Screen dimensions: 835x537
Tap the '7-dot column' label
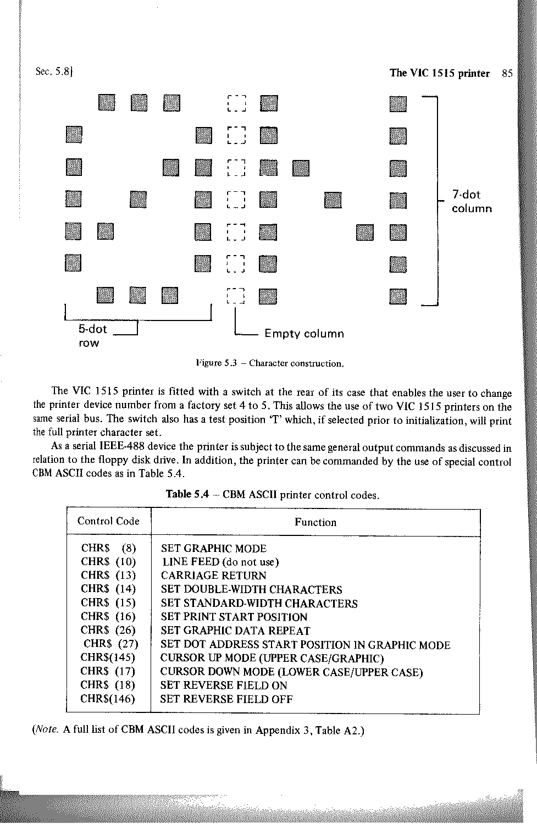click(x=471, y=201)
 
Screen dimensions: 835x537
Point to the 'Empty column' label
click(x=304, y=334)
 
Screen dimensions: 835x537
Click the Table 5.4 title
click(x=273, y=494)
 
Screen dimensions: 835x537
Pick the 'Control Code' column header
click(x=108, y=521)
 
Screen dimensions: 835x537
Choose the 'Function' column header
click(x=315, y=522)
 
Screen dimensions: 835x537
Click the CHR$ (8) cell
click(x=108, y=548)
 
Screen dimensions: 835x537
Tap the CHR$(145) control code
click(x=108, y=657)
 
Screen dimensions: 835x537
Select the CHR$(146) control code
click(x=108, y=699)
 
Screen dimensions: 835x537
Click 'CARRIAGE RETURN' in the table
click(x=213, y=576)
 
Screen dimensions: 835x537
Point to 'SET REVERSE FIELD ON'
click(x=224, y=685)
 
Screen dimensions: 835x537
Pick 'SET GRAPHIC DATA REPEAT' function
click(x=235, y=631)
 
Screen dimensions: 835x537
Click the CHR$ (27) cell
click(x=110, y=644)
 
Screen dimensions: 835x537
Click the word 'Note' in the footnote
click(x=46, y=730)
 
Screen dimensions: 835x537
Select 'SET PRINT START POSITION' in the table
click(x=234, y=617)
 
